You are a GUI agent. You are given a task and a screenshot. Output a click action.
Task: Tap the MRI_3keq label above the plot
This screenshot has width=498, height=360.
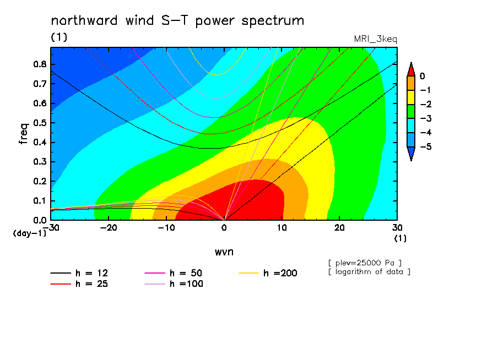[375, 39]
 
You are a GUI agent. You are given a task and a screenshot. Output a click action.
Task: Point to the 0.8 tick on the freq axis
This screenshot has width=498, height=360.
[40, 64]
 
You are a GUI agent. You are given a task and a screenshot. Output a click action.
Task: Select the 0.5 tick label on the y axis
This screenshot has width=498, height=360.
[40, 123]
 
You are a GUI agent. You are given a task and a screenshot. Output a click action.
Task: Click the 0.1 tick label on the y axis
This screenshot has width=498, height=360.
[40, 201]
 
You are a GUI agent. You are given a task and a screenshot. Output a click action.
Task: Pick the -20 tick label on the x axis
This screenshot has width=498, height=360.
[109, 228]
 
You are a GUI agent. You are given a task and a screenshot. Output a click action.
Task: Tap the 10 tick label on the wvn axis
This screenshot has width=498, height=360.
[282, 228]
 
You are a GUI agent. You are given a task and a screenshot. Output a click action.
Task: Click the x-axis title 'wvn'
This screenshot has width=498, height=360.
[224, 252]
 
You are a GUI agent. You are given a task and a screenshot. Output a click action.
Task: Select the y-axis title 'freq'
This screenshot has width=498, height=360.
[24, 134]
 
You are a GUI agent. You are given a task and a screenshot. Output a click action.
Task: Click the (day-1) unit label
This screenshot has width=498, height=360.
[30, 233]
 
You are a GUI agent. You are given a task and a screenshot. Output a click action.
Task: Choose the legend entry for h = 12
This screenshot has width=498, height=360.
[79, 273]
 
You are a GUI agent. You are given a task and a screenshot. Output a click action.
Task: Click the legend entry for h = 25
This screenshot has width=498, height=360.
[79, 283]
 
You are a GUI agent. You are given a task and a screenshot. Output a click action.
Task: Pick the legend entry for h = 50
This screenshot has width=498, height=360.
[174, 273]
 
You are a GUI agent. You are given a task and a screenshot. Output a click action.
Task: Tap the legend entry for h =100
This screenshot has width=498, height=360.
[174, 283]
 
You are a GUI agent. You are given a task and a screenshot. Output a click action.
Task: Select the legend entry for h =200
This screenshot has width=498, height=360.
[268, 273]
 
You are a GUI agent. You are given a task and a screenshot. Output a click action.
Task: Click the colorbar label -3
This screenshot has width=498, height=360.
[426, 119]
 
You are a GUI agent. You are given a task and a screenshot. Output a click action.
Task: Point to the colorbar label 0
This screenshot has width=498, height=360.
[422, 76]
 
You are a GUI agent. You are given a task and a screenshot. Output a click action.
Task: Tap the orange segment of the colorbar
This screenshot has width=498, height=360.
[411, 83]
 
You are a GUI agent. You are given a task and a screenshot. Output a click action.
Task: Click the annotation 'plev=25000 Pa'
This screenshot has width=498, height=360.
[365, 263]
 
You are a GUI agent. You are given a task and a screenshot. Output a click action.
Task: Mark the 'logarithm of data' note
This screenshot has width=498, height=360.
[370, 272]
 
